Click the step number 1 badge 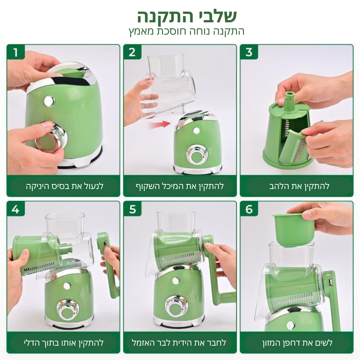(16, 52)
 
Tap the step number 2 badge (132, 52)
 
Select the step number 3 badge (249, 52)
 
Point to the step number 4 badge (16, 209)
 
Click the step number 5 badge (132, 209)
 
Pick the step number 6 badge (249, 209)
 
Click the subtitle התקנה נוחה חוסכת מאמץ (187, 31)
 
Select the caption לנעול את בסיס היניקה (64, 186)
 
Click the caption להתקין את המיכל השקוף (180, 186)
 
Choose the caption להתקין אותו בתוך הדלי (64, 343)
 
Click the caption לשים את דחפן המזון (297, 343)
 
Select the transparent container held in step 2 (170, 85)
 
